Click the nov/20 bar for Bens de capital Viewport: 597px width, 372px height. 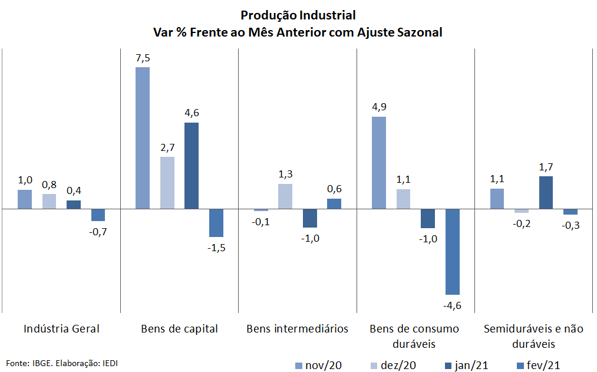point(143,138)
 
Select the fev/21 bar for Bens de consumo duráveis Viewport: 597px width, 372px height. point(453,252)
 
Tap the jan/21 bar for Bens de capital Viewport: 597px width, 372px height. point(192,166)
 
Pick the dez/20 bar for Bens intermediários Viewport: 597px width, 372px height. point(285,196)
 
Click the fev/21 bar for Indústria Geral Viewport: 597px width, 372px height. point(98,215)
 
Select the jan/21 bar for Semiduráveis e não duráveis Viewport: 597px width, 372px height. point(546,193)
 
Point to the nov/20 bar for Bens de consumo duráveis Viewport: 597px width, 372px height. point(379,163)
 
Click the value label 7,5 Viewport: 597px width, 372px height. point(143,58)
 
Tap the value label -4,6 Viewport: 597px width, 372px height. point(453,305)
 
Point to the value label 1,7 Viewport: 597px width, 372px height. point(546,167)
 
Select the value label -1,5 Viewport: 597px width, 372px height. point(216,248)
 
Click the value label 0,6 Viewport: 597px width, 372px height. point(334,189)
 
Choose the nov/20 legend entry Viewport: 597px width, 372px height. point(319,366)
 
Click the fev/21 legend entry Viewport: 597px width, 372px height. point(539,366)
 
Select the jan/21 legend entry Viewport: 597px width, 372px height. point(467,366)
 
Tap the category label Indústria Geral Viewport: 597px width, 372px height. point(62,328)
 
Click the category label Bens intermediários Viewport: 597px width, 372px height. point(298,328)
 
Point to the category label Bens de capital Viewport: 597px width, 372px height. point(179,329)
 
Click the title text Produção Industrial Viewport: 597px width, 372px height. point(298,15)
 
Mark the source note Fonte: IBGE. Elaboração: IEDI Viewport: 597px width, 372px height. point(62,363)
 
